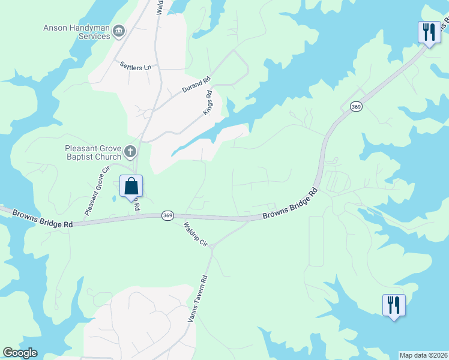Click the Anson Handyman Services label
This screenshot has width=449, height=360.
click(77, 31)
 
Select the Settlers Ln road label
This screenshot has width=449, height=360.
click(135, 66)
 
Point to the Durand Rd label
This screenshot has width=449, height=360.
click(196, 85)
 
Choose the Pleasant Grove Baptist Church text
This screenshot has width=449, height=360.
click(94, 152)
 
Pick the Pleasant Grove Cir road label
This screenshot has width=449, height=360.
click(97, 191)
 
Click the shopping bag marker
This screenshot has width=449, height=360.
click(131, 187)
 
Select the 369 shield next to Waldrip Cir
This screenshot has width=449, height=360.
click(167, 215)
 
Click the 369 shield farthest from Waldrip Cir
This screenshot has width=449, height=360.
click(355, 106)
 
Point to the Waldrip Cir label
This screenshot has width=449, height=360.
click(195, 235)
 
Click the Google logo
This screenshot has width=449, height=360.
click(20, 353)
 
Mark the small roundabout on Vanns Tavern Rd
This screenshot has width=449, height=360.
click(212, 252)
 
